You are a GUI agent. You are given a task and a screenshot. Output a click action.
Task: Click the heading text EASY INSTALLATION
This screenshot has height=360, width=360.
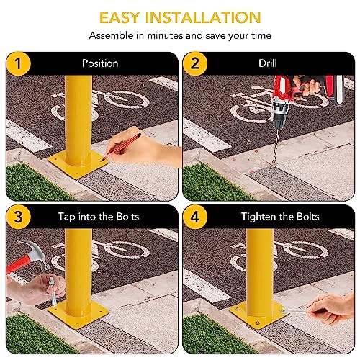(180, 17)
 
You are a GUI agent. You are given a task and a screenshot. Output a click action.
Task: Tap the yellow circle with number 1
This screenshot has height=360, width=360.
(18, 63)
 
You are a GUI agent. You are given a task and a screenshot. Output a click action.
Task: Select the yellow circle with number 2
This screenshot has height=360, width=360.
(195, 63)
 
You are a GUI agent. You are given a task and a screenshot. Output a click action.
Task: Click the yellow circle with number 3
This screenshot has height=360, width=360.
(18, 217)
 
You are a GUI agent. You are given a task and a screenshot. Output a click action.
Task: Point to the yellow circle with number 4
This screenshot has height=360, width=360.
(195, 217)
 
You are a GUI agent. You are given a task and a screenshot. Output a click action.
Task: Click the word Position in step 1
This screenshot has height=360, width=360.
(100, 63)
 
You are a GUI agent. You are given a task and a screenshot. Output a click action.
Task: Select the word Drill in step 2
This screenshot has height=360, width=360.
(268, 63)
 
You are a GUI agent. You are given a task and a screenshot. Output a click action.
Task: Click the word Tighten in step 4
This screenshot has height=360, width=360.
(258, 217)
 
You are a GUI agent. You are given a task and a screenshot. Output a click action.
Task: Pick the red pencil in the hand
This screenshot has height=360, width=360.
(122, 147)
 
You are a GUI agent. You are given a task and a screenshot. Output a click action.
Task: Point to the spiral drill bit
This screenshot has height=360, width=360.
(276, 146)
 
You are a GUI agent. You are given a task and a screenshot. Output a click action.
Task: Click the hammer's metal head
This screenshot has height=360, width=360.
(36, 253)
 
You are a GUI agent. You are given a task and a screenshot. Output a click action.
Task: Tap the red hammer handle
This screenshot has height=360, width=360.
(18, 265)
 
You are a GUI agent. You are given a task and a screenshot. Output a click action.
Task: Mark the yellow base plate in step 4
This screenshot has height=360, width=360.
(258, 315)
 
